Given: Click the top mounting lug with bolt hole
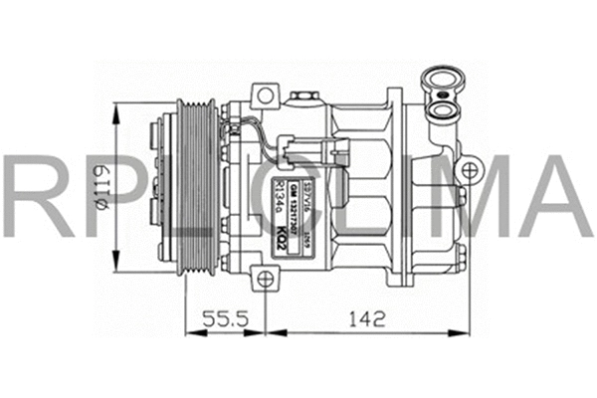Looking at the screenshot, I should coord(265,97).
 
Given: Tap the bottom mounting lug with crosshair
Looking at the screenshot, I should coord(264,280).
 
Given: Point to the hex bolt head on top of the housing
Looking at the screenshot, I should coord(302,96).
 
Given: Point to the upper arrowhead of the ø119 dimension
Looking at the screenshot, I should coord(118,108).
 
